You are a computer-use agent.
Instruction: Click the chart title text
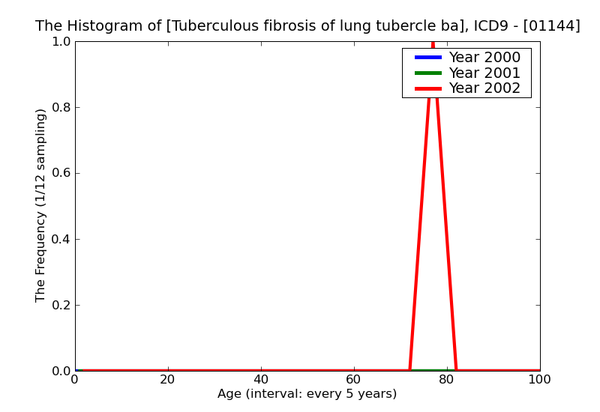point(307,26)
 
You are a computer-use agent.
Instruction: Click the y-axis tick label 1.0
point(61,42)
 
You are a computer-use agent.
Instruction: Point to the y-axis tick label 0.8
point(61,108)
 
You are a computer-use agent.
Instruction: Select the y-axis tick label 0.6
point(61,174)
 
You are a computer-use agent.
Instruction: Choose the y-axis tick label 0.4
point(61,240)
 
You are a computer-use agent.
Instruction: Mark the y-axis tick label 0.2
point(61,306)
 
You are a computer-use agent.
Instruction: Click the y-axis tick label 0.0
point(61,372)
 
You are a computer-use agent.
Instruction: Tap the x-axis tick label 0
point(75,380)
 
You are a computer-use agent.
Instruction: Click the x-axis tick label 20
point(168,380)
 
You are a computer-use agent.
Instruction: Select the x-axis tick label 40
point(261,380)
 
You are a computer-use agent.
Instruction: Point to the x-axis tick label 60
point(354,380)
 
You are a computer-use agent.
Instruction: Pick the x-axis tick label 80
point(447,380)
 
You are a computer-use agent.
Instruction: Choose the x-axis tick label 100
point(539,380)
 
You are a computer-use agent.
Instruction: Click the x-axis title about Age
point(307,394)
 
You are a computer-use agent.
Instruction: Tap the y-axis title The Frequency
point(41,205)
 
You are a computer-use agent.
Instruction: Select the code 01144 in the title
point(553,26)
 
